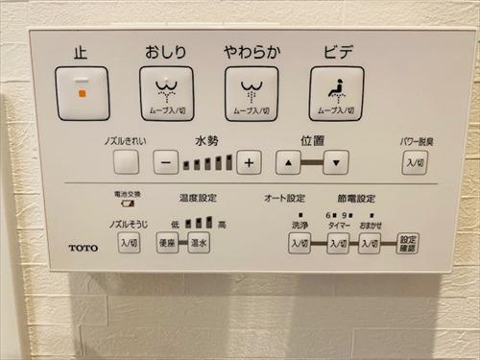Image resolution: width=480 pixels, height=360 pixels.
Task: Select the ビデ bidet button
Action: [x=335, y=93]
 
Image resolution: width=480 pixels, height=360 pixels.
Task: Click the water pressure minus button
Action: [x=165, y=162]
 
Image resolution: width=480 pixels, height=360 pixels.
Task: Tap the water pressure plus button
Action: [x=249, y=162]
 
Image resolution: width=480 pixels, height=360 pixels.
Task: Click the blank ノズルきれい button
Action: [x=126, y=162]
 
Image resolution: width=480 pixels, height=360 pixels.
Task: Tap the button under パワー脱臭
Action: [x=414, y=162]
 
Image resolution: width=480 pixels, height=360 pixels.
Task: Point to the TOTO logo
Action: [x=83, y=248]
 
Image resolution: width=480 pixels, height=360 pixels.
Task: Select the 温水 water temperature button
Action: [x=199, y=243]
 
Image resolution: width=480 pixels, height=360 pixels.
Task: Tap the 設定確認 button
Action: [x=408, y=243]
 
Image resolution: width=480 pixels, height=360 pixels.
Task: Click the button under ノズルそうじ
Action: [x=128, y=243]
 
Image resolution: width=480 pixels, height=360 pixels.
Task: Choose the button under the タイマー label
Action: [x=337, y=244]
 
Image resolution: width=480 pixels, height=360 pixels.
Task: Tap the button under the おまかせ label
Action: [x=370, y=244]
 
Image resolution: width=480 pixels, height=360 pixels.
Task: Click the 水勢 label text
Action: [x=206, y=140]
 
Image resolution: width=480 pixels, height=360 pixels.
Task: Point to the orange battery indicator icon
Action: [x=125, y=203]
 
